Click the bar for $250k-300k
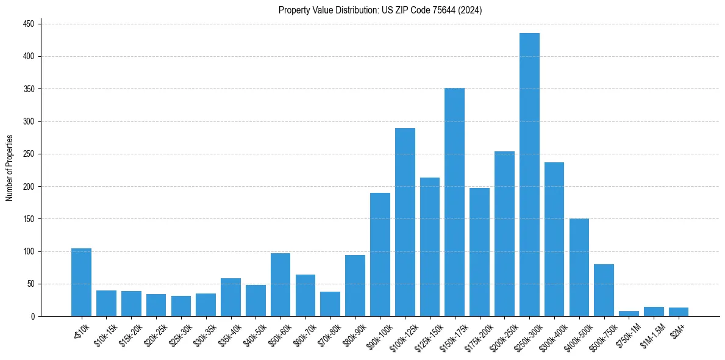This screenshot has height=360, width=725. click(x=529, y=175)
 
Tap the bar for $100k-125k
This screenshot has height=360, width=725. click(x=405, y=222)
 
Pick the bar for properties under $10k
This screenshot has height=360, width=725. click(x=81, y=282)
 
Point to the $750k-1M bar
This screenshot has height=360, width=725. click(x=629, y=314)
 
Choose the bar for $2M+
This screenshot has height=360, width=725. click(x=679, y=312)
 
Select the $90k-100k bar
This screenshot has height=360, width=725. click(x=380, y=254)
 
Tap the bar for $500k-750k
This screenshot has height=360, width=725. click(x=604, y=290)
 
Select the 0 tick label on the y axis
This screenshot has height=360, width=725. click(x=33, y=316)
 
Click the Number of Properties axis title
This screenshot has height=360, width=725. click(x=9, y=168)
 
